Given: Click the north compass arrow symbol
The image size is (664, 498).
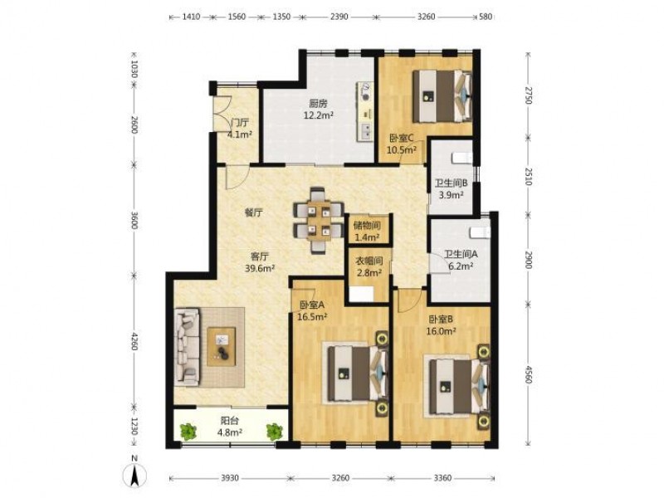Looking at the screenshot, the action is (x=135, y=475).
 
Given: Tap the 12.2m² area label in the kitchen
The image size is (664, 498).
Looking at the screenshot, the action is (x=318, y=115).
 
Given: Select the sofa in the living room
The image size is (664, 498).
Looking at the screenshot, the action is (x=187, y=347).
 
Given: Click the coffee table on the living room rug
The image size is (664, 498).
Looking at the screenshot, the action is (x=222, y=346).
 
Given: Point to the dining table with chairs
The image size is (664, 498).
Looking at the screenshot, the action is (x=319, y=220).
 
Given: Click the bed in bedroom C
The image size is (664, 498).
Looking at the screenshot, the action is (x=442, y=96).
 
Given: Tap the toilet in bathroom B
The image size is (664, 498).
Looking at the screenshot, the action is (x=461, y=158).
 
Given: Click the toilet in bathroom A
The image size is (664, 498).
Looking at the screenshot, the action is (x=480, y=232).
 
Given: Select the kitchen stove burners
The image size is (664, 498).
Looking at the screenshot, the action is (x=364, y=92).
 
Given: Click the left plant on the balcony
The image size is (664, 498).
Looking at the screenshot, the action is (x=188, y=431).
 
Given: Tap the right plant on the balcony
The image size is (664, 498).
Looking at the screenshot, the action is (x=275, y=431).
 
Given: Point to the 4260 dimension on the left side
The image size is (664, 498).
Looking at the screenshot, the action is (x=134, y=339).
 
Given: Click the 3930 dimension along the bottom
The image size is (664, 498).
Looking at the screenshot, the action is (x=230, y=478).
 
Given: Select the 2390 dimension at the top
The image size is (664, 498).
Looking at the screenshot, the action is (x=339, y=17).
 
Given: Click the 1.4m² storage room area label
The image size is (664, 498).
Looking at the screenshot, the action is (x=367, y=237).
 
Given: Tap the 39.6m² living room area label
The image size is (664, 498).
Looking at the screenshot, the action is (x=261, y=267).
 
